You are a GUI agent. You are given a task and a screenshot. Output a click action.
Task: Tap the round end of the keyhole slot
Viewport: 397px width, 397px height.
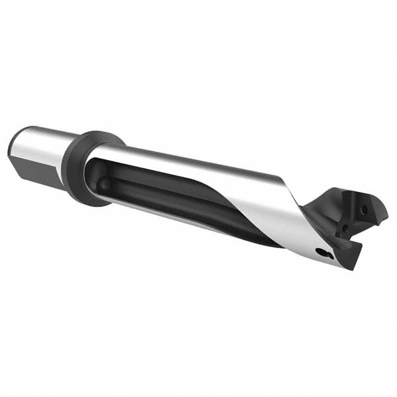pos(320,252)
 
